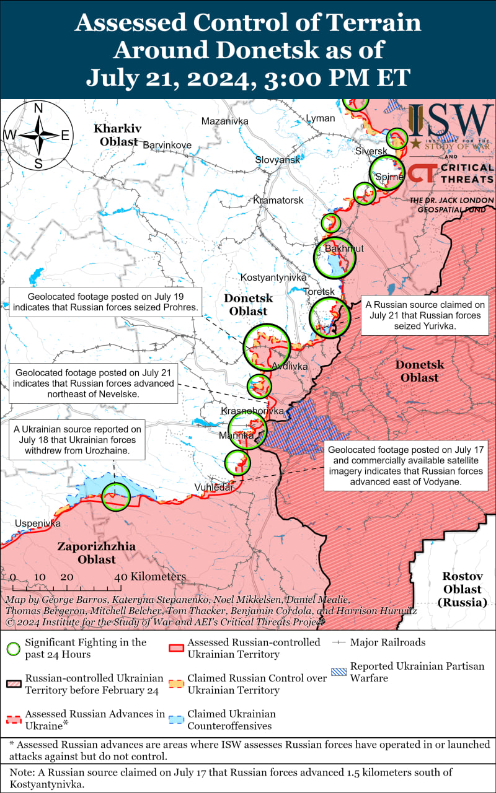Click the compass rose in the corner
click(38, 136)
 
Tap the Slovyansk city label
click(277, 160)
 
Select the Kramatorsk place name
click(278, 201)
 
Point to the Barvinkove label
click(167, 145)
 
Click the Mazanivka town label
click(224, 121)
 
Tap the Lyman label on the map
click(320, 118)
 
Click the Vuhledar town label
click(214, 487)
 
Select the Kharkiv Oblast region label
click(117, 134)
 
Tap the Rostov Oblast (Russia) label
click(463, 589)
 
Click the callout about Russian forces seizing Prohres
click(105, 302)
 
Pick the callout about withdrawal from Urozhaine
click(77, 439)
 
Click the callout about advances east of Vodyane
click(407, 465)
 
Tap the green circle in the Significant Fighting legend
click(12, 649)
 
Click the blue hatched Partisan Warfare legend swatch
click(339, 672)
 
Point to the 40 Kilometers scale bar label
click(151, 577)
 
